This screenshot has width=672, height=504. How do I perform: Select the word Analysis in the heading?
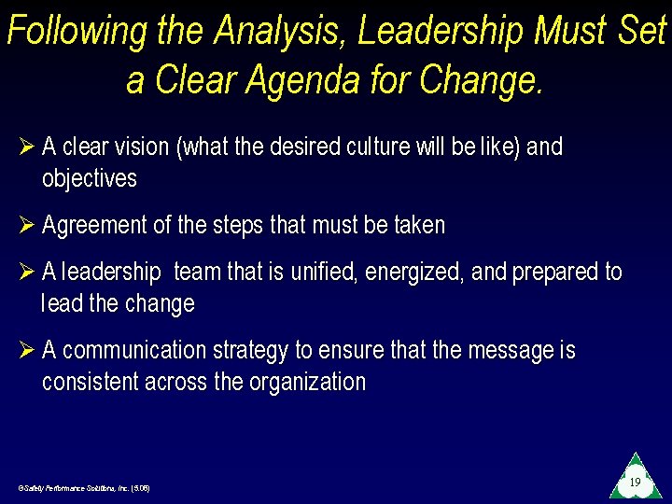277,33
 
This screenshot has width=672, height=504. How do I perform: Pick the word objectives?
90,178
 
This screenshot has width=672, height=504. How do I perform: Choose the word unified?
324,273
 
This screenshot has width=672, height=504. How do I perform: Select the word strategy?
251,351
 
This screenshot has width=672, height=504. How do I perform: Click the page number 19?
635,483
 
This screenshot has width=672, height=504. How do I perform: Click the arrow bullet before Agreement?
25,226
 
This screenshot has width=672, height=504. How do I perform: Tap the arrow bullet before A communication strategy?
25,351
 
